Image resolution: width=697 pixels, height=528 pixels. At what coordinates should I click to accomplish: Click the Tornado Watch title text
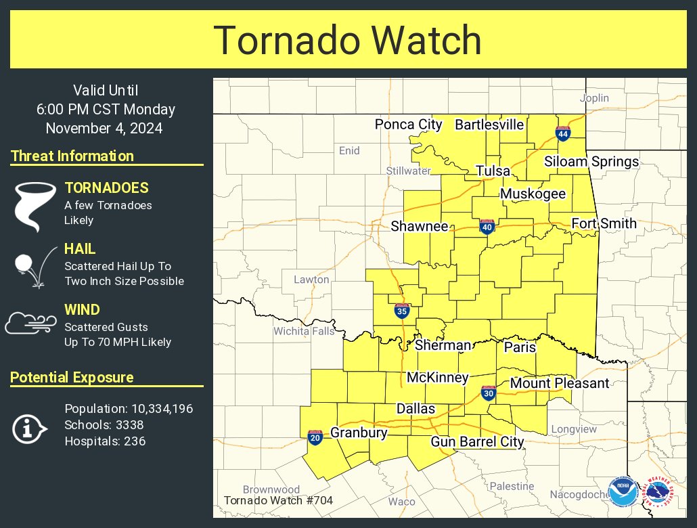click(348, 41)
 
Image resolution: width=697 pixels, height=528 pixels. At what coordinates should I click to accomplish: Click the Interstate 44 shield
click(562, 133)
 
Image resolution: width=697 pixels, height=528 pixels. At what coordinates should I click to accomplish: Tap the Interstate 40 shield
click(487, 227)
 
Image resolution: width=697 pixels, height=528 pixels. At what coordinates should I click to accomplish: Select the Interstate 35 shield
click(402, 311)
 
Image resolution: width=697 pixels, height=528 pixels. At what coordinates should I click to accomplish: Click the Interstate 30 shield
click(489, 393)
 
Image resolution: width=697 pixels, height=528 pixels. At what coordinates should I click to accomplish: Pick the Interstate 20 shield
click(315, 437)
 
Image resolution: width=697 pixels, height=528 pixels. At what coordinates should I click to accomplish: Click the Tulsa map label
click(492, 171)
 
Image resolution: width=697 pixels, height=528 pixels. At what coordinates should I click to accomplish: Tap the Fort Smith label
click(604, 223)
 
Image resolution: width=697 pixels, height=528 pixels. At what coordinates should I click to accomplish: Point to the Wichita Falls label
click(304, 331)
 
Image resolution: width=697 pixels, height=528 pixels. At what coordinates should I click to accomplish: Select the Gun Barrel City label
click(478, 442)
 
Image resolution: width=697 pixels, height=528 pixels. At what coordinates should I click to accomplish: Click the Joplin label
click(594, 98)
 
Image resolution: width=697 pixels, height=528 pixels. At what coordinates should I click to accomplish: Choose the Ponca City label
click(408, 125)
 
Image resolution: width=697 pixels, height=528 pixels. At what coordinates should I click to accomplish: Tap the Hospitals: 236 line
click(105, 441)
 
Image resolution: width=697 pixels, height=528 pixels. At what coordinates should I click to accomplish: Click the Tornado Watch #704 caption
click(277, 502)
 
